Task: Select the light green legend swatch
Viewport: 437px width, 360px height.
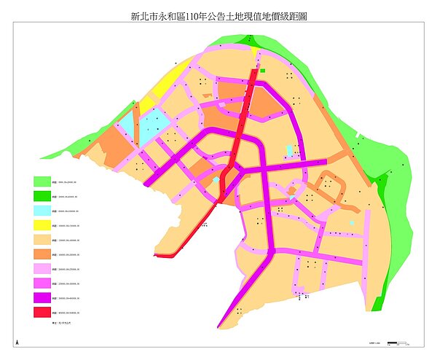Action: (x=42, y=181)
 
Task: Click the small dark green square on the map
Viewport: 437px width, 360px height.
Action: (x=263, y=71)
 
